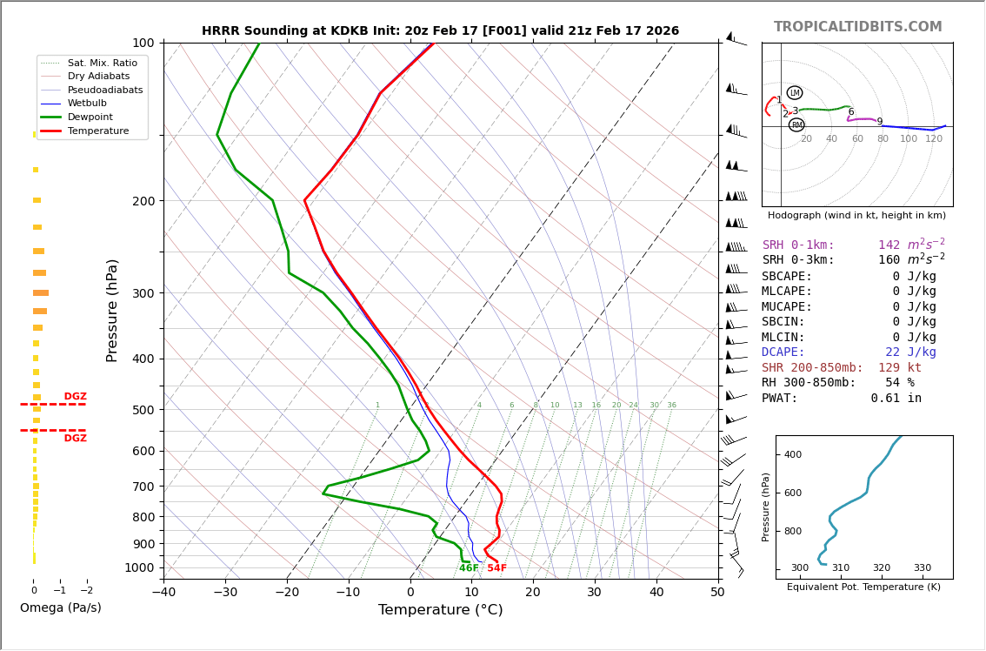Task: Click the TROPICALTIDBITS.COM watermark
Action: [x=857, y=27]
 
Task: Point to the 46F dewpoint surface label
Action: [x=469, y=568]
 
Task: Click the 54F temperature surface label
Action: [x=496, y=568]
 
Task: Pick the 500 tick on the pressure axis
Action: [x=143, y=410]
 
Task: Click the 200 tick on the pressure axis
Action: [x=143, y=201]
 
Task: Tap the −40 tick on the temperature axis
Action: [x=163, y=593]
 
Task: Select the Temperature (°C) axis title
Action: [x=440, y=610]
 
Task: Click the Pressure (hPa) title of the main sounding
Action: [x=113, y=310]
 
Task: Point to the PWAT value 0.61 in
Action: [x=896, y=399]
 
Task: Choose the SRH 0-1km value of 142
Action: [x=889, y=245]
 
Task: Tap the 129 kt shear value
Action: [x=899, y=368]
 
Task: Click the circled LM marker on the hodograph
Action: [x=795, y=93]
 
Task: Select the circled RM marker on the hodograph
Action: [x=796, y=125]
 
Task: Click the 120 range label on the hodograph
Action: [x=934, y=139]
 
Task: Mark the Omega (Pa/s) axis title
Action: [x=61, y=607]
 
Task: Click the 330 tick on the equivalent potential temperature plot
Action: [x=922, y=568]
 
